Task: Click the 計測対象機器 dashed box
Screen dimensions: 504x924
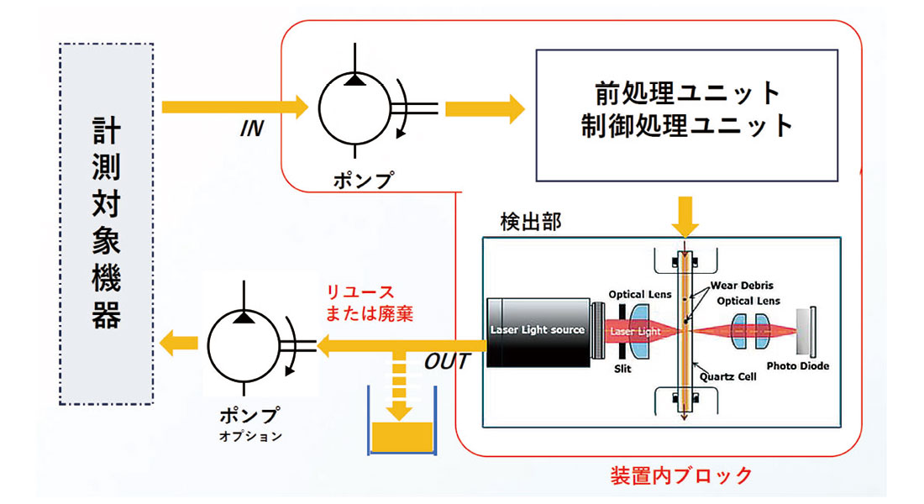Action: (107, 223)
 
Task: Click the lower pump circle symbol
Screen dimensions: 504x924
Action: (244, 344)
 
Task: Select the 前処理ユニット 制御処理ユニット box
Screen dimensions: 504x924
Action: (686, 115)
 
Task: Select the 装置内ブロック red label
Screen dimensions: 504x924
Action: (681, 476)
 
